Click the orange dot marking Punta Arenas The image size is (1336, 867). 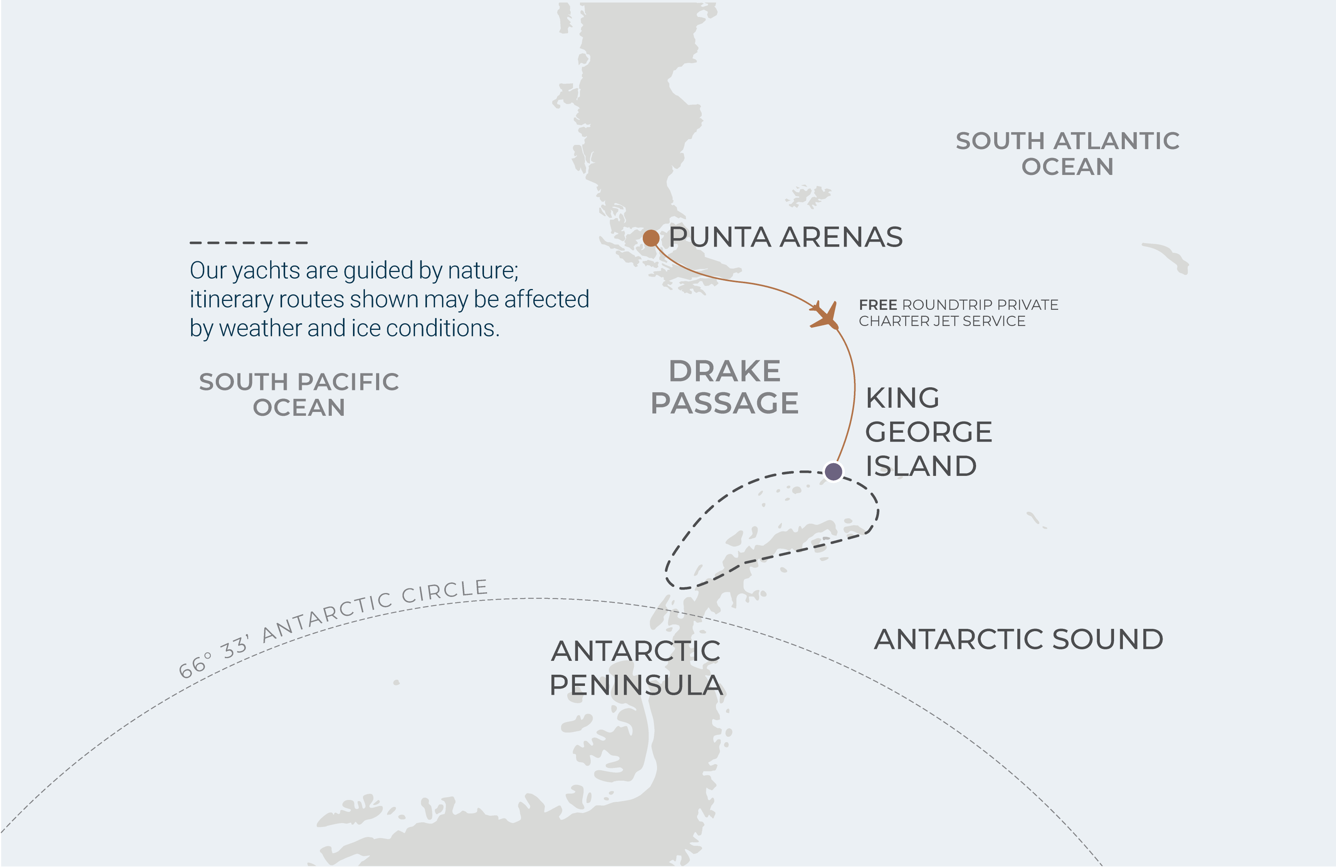point(650,238)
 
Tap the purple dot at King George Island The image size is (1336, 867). point(833,471)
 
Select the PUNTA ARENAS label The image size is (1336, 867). point(785,237)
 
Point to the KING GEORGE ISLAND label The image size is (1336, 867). point(928,432)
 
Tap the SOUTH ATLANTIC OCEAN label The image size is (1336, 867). point(1067,153)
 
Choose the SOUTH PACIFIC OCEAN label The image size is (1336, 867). point(299,394)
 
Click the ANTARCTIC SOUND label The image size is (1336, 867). point(1018,639)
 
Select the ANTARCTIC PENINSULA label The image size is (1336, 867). point(635,668)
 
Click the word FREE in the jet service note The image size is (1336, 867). point(877,305)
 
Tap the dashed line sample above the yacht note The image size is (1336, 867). point(249,242)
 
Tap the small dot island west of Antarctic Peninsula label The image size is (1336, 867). point(396,682)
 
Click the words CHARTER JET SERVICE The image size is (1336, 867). point(941,321)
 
